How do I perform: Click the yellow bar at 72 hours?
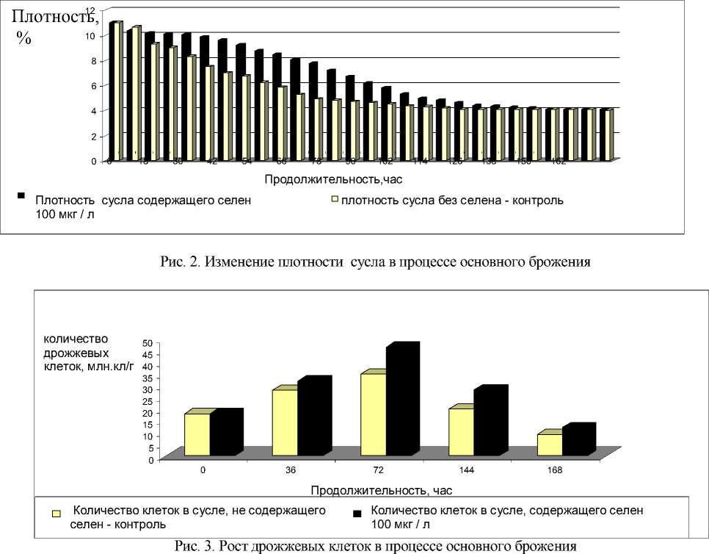tap(372, 414)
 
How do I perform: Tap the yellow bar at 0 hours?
tap(197, 434)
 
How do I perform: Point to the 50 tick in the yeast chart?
tap(148, 343)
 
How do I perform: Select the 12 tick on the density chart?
tap(90, 10)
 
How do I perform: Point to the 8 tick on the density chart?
tap(92, 61)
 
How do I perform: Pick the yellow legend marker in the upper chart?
tap(334, 198)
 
